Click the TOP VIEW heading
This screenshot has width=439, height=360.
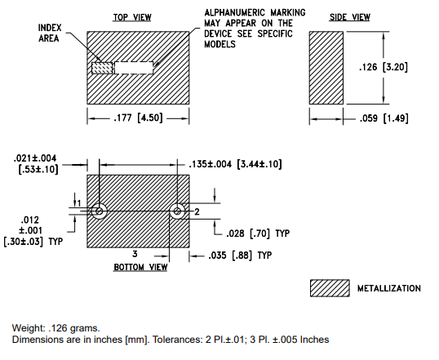tap(132, 17)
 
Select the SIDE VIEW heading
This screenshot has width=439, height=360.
tap(350, 17)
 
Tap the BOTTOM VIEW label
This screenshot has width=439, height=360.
tap(140, 267)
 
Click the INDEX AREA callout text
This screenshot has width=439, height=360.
tap(49, 33)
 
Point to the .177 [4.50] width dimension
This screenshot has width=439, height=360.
tap(138, 118)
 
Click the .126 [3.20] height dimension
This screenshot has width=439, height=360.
tap(384, 67)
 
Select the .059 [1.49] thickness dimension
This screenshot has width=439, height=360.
tap(384, 118)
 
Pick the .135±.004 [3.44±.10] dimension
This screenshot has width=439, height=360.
tap(235, 164)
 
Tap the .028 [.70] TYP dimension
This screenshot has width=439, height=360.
tap(258, 233)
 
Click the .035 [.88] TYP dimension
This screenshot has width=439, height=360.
tap(240, 256)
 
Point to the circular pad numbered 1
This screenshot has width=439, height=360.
tap(99, 211)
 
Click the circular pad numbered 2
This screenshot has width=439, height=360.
tap(177, 211)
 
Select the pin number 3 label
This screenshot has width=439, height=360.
tap(135, 254)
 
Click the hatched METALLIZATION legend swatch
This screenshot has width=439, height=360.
tap(330, 288)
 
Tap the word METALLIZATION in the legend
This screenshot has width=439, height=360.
tap(389, 288)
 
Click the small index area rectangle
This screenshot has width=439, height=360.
tap(102, 68)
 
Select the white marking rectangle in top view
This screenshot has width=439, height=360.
tap(134, 68)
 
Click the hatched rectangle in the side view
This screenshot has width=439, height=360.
tap(326, 68)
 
